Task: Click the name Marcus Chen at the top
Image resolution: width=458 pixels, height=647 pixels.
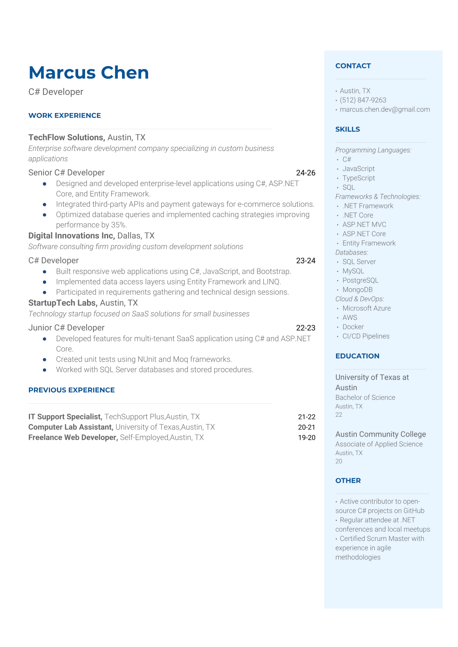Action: [x=89, y=73]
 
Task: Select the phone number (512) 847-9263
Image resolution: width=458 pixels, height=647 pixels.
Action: [x=363, y=100]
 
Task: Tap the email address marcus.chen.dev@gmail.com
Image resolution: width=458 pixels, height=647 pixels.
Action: [x=384, y=109]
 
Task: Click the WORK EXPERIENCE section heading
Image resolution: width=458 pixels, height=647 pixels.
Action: [x=65, y=115]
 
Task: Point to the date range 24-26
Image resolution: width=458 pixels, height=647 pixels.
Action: [x=306, y=173]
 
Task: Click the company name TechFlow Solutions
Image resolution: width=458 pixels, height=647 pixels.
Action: [x=66, y=137]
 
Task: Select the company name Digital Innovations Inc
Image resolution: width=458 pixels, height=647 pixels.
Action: [x=72, y=236]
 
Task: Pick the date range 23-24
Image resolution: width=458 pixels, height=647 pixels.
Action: [x=306, y=261]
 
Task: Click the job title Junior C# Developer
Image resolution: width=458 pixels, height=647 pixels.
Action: [x=66, y=328]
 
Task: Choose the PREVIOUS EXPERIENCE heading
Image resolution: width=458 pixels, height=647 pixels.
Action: [x=72, y=390]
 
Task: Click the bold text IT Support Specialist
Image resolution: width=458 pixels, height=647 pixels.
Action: [x=65, y=417]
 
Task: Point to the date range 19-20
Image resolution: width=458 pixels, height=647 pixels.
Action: [x=306, y=437]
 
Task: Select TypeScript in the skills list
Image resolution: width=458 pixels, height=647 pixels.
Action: [x=358, y=178]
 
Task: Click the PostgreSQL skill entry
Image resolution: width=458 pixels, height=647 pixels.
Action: [x=360, y=280]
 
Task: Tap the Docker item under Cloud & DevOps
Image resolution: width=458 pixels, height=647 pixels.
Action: [x=353, y=327]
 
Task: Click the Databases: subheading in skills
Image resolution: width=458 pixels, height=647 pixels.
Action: [x=351, y=252]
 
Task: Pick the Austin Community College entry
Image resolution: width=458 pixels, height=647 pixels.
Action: [x=380, y=434]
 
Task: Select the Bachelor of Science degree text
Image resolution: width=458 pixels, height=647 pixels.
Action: [x=365, y=398]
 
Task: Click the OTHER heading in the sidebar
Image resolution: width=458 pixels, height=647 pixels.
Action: [x=348, y=481]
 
